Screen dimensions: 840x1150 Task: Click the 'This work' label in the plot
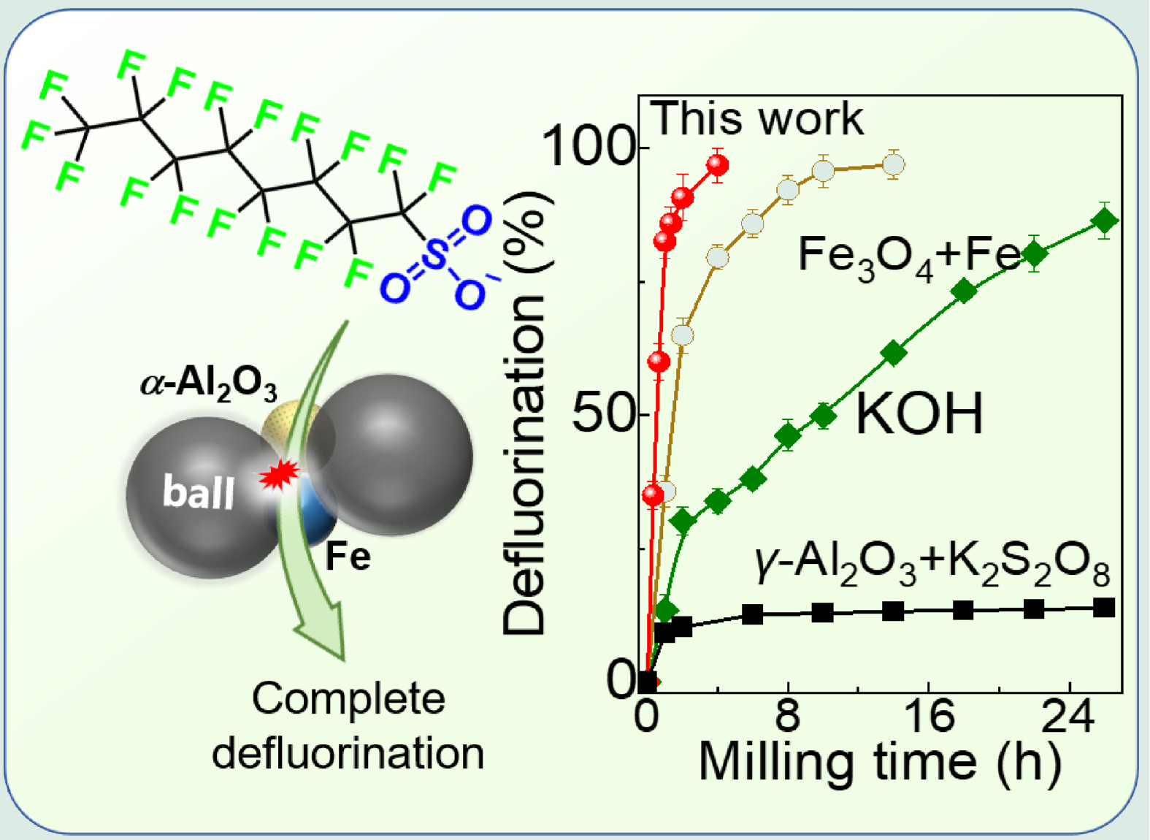(x=756, y=118)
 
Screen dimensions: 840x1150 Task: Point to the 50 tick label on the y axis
(x=602, y=414)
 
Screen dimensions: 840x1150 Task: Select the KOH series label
(x=919, y=414)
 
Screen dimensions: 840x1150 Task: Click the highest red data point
(x=718, y=166)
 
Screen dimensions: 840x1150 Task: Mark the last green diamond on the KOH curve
(x=1105, y=221)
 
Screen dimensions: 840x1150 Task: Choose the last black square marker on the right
(x=1105, y=607)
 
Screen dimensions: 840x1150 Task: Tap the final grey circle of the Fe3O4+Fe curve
(x=894, y=165)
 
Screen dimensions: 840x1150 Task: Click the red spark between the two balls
(x=278, y=476)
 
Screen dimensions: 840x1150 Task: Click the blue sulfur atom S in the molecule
(x=435, y=255)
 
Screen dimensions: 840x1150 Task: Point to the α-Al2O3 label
(x=209, y=383)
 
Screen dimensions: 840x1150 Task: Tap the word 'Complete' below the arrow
(x=348, y=699)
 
